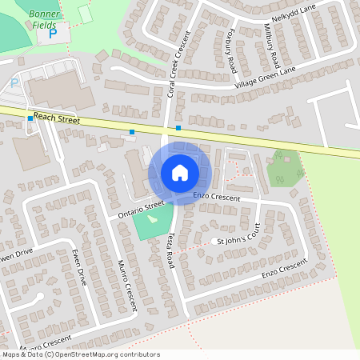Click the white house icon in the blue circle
(180, 173)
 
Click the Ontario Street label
(141, 210)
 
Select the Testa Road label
(171, 250)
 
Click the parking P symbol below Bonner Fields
(53, 34)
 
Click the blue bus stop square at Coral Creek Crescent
(178, 128)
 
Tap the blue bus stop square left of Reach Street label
(30, 118)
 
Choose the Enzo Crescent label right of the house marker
(218, 196)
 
